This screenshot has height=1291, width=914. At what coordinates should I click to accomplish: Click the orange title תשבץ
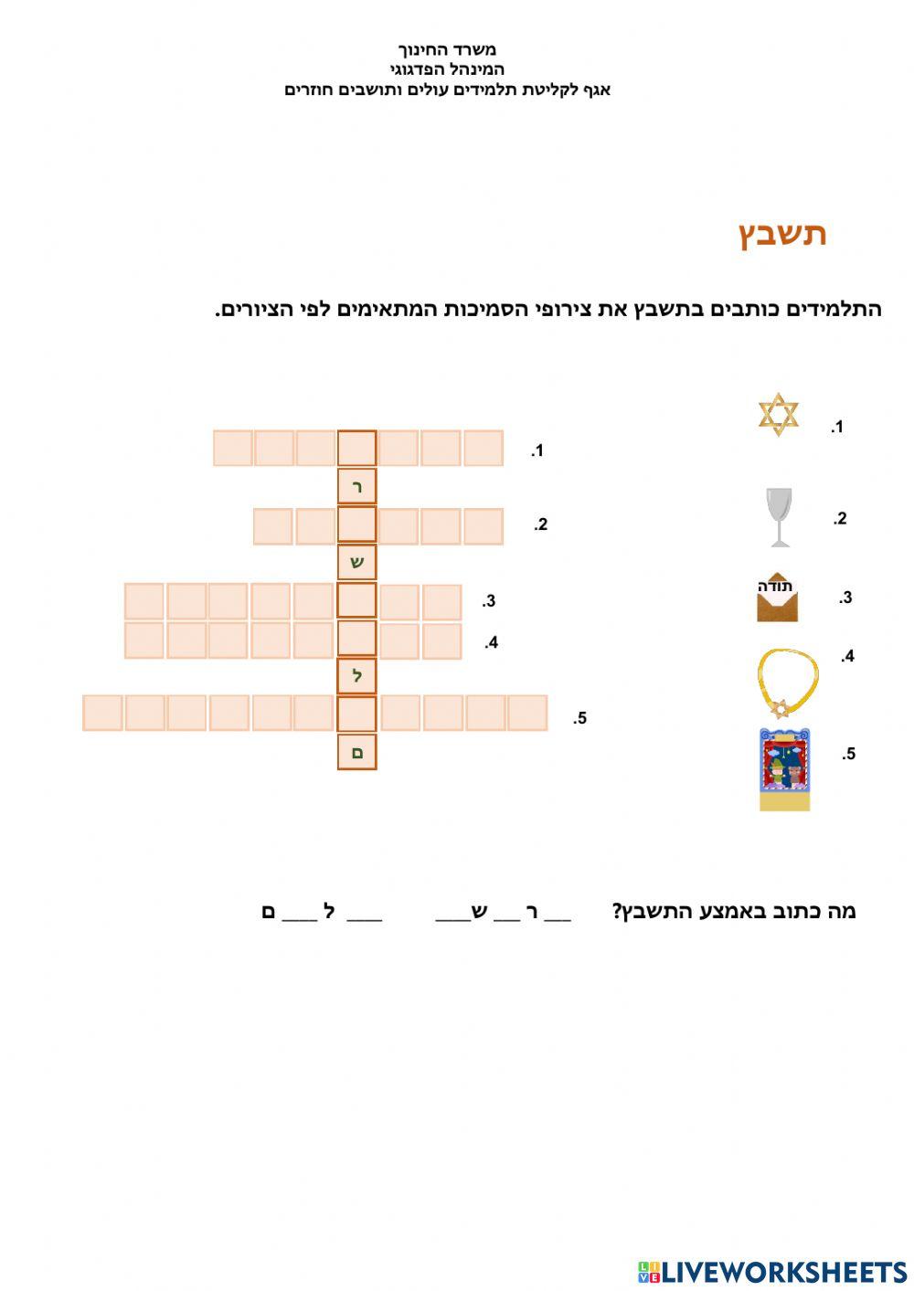pyautogui.click(x=782, y=234)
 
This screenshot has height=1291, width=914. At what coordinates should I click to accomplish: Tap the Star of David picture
pyautogui.click(x=779, y=414)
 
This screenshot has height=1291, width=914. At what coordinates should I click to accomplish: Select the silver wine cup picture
pyautogui.click(x=779, y=517)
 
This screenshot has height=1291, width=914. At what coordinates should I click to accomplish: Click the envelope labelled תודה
pyautogui.click(x=777, y=599)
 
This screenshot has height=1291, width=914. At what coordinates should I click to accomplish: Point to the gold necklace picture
pyautogui.click(x=786, y=682)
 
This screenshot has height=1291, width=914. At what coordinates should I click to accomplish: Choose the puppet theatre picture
pyautogui.click(x=784, y=769)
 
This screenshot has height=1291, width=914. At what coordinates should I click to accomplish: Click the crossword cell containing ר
pyautogui.click(x=357, y=487)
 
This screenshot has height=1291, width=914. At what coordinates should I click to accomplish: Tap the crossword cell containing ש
pyautogui.click(x=357, y=562)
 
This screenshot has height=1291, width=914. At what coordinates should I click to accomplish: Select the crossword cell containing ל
pyautogui.click(x=357, y=676)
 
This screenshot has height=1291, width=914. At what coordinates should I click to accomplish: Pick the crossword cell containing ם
pyautogui.click(x=357, y=752)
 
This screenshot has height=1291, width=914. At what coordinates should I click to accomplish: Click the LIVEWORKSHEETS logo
pyautogui.click(x=772, y=1272)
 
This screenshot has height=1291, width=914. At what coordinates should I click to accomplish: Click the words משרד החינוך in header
pyautogui.click(x=447, y=49)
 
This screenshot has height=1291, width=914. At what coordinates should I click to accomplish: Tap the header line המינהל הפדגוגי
pyautogui.click(x=447, y=69)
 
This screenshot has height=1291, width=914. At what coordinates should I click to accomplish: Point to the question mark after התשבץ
pyautogui.click(x=617, y=911)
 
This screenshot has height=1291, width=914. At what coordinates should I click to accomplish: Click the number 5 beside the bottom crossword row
pyautogui.click(x=579, y=718)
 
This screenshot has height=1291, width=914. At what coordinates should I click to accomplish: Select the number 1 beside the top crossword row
pyautogui.click(x=537, y=450)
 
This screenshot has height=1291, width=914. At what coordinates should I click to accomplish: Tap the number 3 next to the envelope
pyautogui.click(x=845, y=598)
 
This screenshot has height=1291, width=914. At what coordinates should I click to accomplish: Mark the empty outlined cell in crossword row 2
pyautogui.click(x=357, y=525)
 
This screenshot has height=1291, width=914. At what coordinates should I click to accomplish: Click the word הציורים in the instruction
pyautogui.click(x=249, y=310)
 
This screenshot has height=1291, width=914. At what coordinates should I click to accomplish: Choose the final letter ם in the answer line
pyautogui.click(x=269, y=911)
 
